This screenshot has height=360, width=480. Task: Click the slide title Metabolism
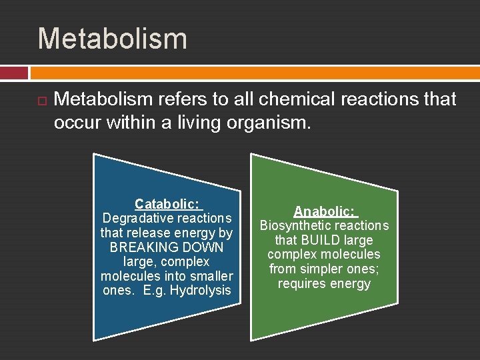112,39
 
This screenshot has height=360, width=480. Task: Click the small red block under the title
14,73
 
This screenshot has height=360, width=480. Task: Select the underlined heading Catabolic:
167,203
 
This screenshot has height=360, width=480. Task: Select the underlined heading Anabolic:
325,211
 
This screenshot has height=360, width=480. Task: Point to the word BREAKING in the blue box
137,247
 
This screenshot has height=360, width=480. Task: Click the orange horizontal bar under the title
254,73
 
